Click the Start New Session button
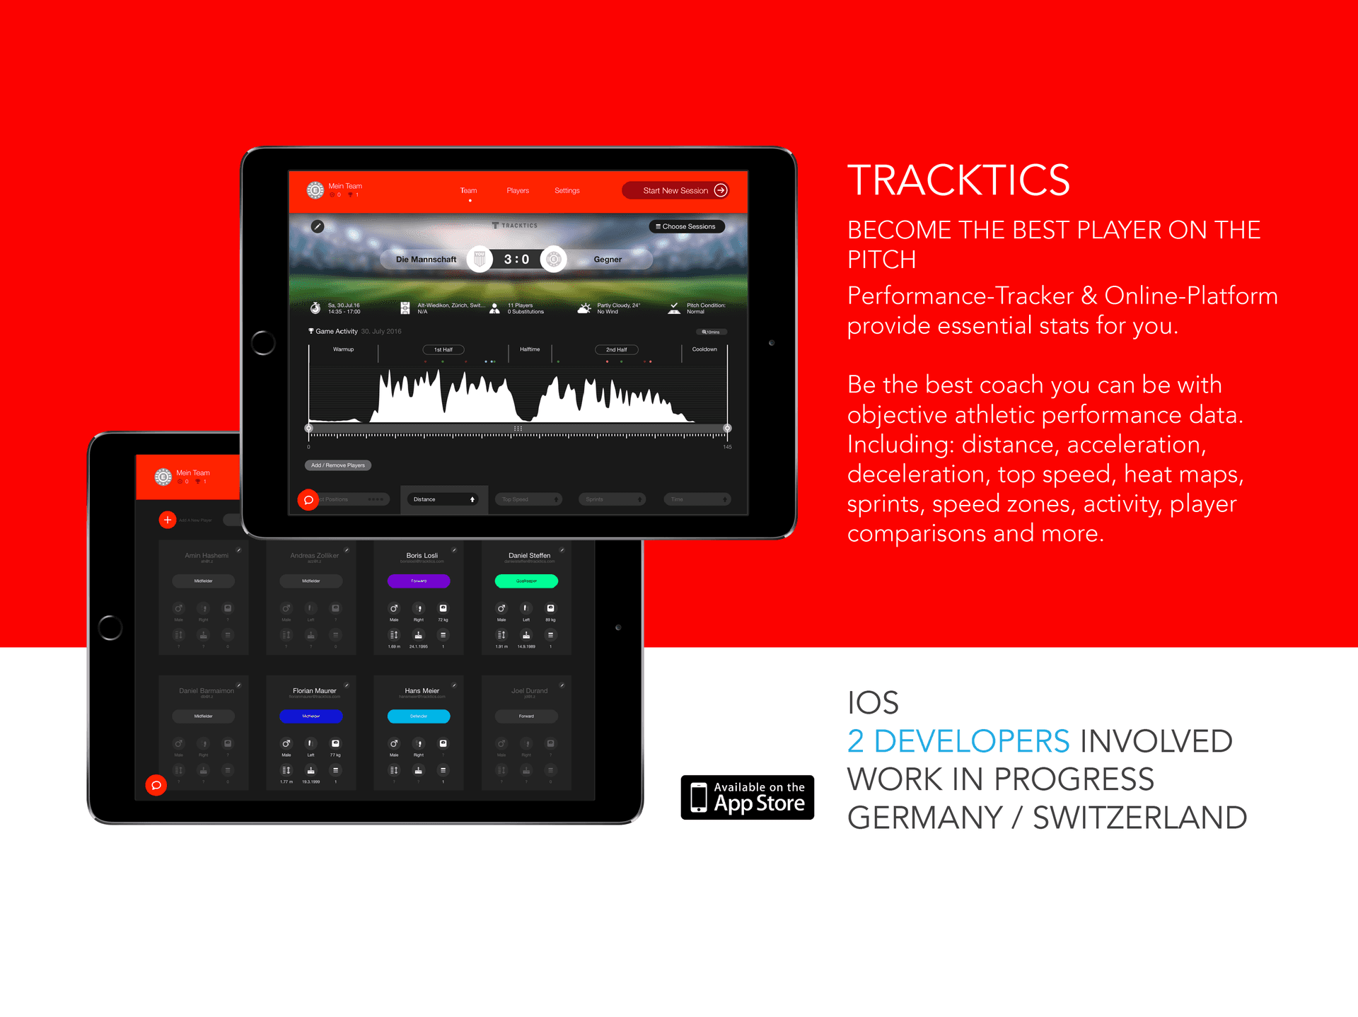point(676,190)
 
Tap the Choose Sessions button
point(686,226)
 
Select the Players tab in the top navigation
point(518,190)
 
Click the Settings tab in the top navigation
point(567,190)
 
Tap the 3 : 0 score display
point(516,260)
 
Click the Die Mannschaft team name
point(426,260)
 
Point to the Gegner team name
point(608,260)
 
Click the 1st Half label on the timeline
point(443,349)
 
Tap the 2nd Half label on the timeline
point(616,349)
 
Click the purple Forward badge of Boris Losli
point(419,581)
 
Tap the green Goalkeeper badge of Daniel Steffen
point(526,581)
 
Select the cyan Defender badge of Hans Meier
point(419,716)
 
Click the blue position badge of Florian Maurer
point(311,716)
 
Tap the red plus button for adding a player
point(168,520)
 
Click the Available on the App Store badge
point(747,797)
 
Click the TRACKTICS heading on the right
point(958,180)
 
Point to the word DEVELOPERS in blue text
point(971,741)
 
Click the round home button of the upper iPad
point(263,342)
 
